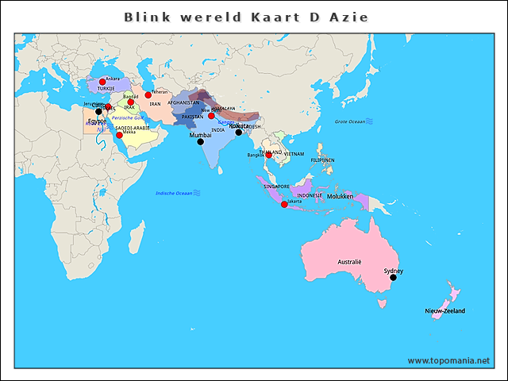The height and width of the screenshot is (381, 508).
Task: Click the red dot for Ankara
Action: pyautogui.click(x=102, y=82)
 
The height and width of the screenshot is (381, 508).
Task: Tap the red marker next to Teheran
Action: pyautogui.click(x=148, y=95)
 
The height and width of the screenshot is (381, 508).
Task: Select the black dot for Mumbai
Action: pyautogui.click(x=200, y=142)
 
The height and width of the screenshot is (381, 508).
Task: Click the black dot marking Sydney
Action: pyautogui.click(x=393, y=277)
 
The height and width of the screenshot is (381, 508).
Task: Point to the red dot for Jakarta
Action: pyautogui.click(x=284, y=205)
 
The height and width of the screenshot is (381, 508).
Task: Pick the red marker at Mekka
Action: pyautogui.click(x=119, y=135)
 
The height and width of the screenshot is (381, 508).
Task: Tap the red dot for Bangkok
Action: pyautogui.click(x=268, y=156)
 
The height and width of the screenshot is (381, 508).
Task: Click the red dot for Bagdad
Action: pyautogui.click(x=131, y=102)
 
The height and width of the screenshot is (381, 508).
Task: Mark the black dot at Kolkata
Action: pyautogui.click(x=238, y=133)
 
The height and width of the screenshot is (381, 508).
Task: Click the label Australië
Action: pyautogui.click(x=349, y=261)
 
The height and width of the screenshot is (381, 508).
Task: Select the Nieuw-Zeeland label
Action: pyautogui.click(x=444, y=310)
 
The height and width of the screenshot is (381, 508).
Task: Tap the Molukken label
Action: pyautogui.click(x=340, y=195)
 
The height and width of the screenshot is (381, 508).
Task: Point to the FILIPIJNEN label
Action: pyautogui.click(x=322, y=160)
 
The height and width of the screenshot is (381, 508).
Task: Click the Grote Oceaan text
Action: pyautogui.click(x=349, y=121)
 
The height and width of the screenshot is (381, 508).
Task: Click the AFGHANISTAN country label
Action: pyautogui.click(x=183, y=102)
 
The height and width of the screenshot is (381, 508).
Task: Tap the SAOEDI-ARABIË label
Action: pyautogui.click(x=132, y=127)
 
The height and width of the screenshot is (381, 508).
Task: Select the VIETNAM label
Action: pyautogui.click(x=294, y=153)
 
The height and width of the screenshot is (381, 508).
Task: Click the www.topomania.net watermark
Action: pyautogui.click(x=448, y=360)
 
